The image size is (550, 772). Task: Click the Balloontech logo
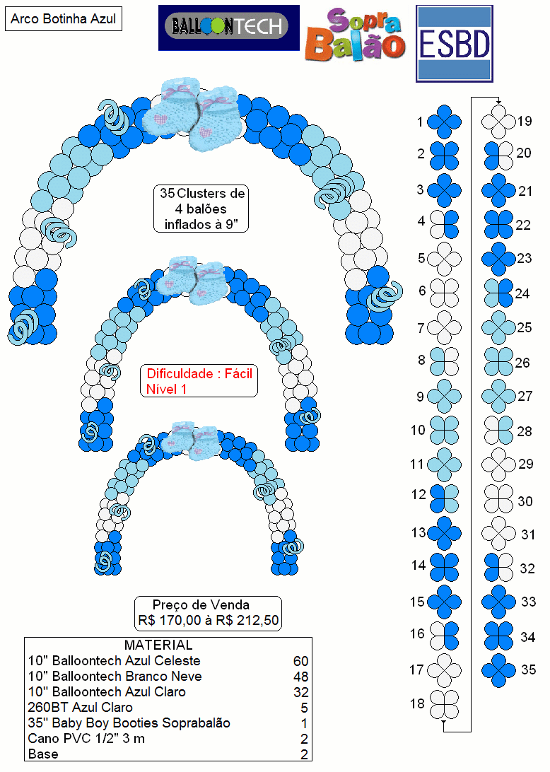coord(229,28)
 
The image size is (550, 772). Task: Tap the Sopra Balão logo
coord(355,34)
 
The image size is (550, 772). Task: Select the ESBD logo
coord(455,43)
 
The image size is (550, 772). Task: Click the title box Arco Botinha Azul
coord(64,18)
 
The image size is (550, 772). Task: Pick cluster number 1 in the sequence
coord(444,122)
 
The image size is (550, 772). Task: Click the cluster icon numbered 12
coord(444,498)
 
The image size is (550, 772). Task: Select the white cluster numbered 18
coord(444,704)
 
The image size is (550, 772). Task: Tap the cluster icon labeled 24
coord(499,293)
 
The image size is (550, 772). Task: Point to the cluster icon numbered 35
coord(499,670)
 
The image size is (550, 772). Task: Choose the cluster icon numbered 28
coord(499,431)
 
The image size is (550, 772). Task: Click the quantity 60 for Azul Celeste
coord(301,661)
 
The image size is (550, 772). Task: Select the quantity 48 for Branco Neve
coord(301,677)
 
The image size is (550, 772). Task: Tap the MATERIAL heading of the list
coord(158,645)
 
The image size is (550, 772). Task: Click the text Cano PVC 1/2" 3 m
coord(87,739)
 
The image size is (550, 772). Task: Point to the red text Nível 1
coord(166,389)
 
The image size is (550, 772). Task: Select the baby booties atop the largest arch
coord(194,113)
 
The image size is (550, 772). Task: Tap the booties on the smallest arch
coord(191,440)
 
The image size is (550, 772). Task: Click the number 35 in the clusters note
coord(167,193)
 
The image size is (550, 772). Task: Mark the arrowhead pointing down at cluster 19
coord(499,102)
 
